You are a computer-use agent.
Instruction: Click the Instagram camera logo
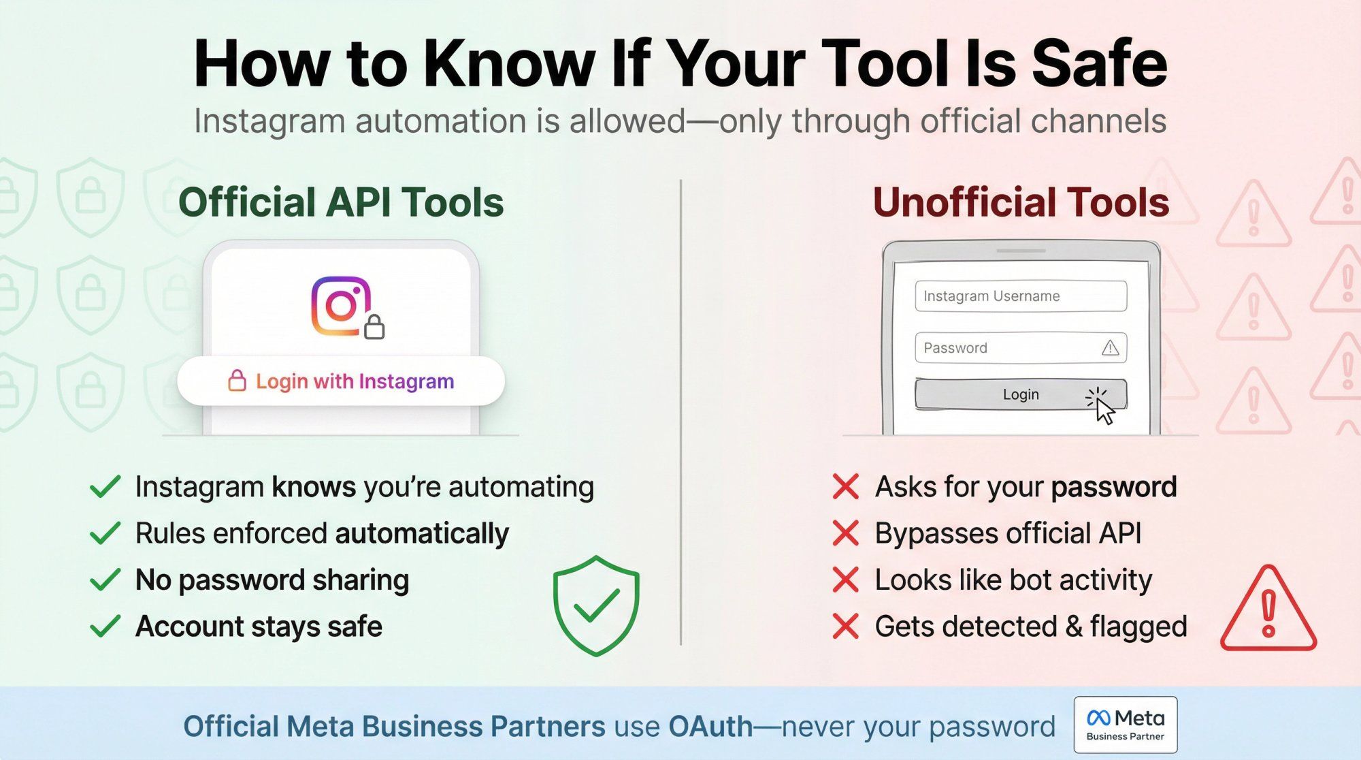click(340, 306)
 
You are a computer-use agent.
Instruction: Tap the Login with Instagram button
click(341, 381)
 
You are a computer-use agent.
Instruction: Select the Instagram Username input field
click(1020, 296)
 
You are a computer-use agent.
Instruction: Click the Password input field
click(1007, 348)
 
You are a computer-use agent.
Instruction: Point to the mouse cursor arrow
click(1104, 411)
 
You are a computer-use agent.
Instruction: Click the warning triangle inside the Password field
click(1110, 349)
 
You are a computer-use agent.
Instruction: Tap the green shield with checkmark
click(596, 605)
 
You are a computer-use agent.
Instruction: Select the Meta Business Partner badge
click(1126, 725)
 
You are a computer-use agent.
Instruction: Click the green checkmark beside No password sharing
click(105, 580)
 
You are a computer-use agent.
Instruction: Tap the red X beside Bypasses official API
click(846, 534)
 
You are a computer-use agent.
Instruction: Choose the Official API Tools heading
click(341, 202)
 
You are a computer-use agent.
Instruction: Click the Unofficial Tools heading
click(1021, 202)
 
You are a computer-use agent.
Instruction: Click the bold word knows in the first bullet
click(314, 488)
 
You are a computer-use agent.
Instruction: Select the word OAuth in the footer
click(710, 727)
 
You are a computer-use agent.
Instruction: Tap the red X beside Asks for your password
click(846, 488)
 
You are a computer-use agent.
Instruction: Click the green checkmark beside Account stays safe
click(105, 627)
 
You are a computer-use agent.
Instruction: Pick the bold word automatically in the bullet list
click(422, 534)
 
